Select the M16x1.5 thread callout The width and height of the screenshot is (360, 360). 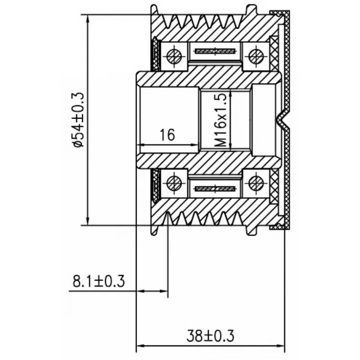click(x=221, y=120)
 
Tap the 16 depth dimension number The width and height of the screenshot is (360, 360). click(x=167, y=135)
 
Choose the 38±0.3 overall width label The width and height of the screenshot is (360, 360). click(x=210, y=336)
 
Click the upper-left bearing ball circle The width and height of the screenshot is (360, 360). click(x=174, y=56)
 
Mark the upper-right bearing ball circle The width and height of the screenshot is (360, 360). click(x=256, y=56)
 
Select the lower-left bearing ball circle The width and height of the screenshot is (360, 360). click(x=174, y=184)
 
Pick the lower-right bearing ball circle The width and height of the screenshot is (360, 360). click(x=256, y=184)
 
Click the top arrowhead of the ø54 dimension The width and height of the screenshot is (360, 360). click(x=87, y=19)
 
